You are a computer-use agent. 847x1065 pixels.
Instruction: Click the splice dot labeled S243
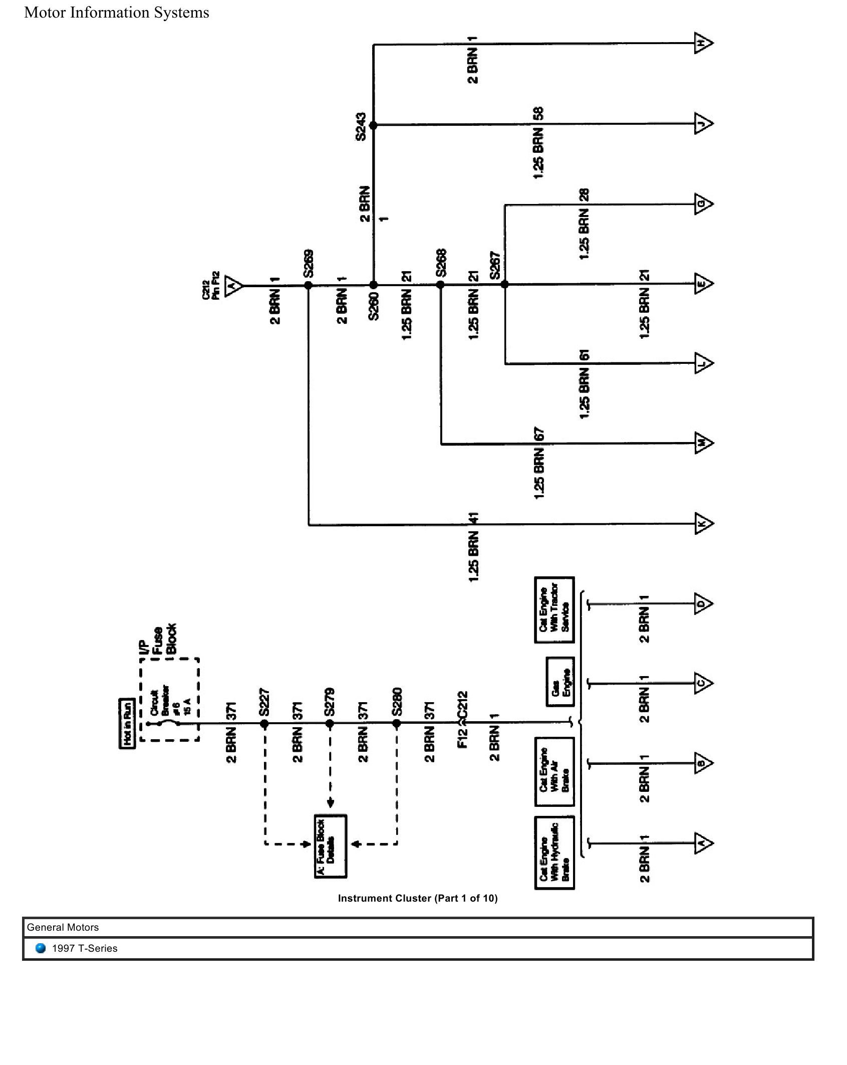coord(373,125)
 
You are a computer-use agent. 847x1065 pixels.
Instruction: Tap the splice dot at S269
coord(309,285)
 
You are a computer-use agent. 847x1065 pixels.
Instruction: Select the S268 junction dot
coord(441,285)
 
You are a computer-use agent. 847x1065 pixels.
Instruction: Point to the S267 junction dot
coord(505,285)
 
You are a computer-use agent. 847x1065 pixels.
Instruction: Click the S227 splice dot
coord(264,724)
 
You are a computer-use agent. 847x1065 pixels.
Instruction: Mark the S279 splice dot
coord(330,724)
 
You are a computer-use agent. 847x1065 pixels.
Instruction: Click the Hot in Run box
coord(127,723)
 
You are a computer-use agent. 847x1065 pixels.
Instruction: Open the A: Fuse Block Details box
coord(331,846)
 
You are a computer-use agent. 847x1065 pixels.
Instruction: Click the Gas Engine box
coord(559,682)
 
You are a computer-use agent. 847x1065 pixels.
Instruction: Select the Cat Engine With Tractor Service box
coord(554,610)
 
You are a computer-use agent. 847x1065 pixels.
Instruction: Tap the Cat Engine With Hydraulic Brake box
coord(554,853)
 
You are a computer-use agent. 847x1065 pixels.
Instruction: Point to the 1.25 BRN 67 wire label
coord(539,464)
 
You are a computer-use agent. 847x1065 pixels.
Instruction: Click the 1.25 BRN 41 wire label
coord(474,547)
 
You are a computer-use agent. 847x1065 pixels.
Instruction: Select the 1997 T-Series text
coord(85,949)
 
